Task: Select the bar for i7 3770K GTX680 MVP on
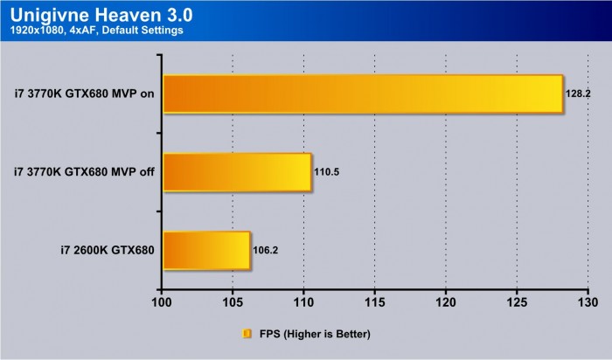pos(363,94)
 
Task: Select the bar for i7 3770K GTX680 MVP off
pos(237,172)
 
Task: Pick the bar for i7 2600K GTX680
pos(206,250)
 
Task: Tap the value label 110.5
pos(326,172)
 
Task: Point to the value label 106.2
pos(266,250)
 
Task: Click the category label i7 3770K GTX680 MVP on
pos(84,94)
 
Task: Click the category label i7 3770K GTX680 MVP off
pos(84,172)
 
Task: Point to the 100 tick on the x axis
pos(162,303)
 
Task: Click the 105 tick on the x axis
pos(233,303)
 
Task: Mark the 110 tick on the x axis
pos(303,303)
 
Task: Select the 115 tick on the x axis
pos(374,303)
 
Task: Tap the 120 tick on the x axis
pos(446,303)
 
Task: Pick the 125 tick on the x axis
pos(517,303)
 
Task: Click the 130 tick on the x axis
pos(588,303)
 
